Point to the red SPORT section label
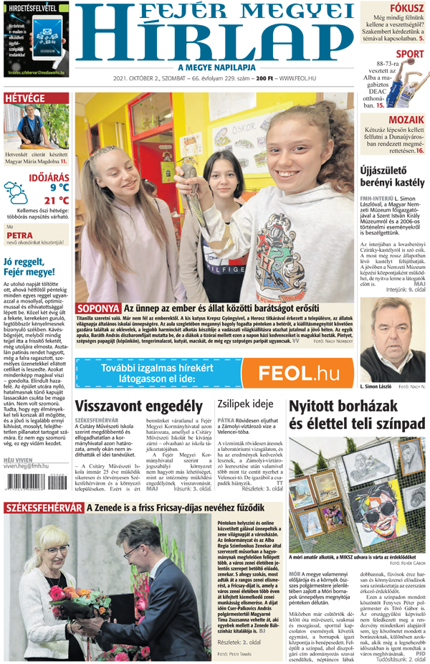(x=410, y=54)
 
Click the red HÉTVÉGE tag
(x=25, y=98)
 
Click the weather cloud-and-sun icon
(x=16, y=193)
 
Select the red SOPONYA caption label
(x=98, y=308)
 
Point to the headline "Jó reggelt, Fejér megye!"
(x=29, y=267)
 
